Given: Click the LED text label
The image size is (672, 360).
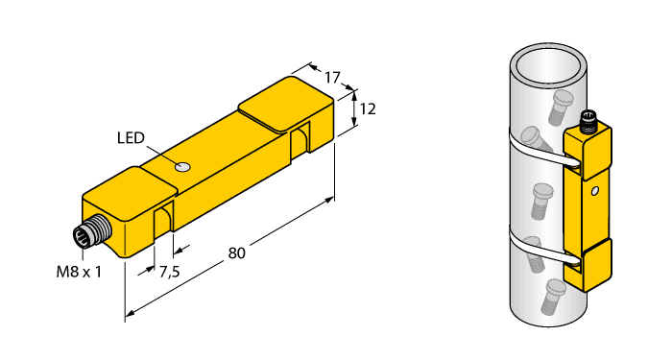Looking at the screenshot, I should (132, 138).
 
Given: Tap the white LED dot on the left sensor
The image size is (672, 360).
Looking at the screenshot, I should (183, 168).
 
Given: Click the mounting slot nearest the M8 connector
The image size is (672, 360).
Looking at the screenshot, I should (163, 220).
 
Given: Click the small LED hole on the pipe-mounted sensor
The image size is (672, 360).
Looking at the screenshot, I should (595, 192).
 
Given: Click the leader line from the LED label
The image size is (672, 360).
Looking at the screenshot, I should (161, 153).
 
